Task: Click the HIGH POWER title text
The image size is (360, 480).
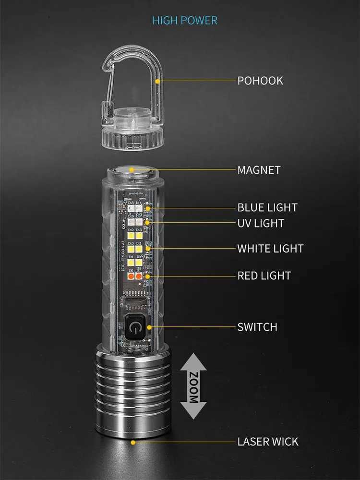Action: (x=185, y=20)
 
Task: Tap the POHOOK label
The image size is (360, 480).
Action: (x=260, y=81)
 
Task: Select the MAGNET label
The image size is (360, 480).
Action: (x=259, y=170)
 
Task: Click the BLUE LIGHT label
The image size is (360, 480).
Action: (x=267, y=207)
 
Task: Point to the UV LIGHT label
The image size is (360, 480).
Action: (x=261, y=223)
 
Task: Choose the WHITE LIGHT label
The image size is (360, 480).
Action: (x=270, y=249)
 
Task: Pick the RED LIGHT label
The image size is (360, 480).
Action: (x=264, y=276)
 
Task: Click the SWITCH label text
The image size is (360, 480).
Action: (x=257, y=327)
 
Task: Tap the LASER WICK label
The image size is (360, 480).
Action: (x=268, y=442)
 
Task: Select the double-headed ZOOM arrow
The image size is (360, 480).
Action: (x=193, y=386)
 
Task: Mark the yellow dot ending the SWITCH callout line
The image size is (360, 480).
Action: (x=150, y=327)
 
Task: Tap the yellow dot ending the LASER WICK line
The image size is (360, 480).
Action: (x=133, y=442)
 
